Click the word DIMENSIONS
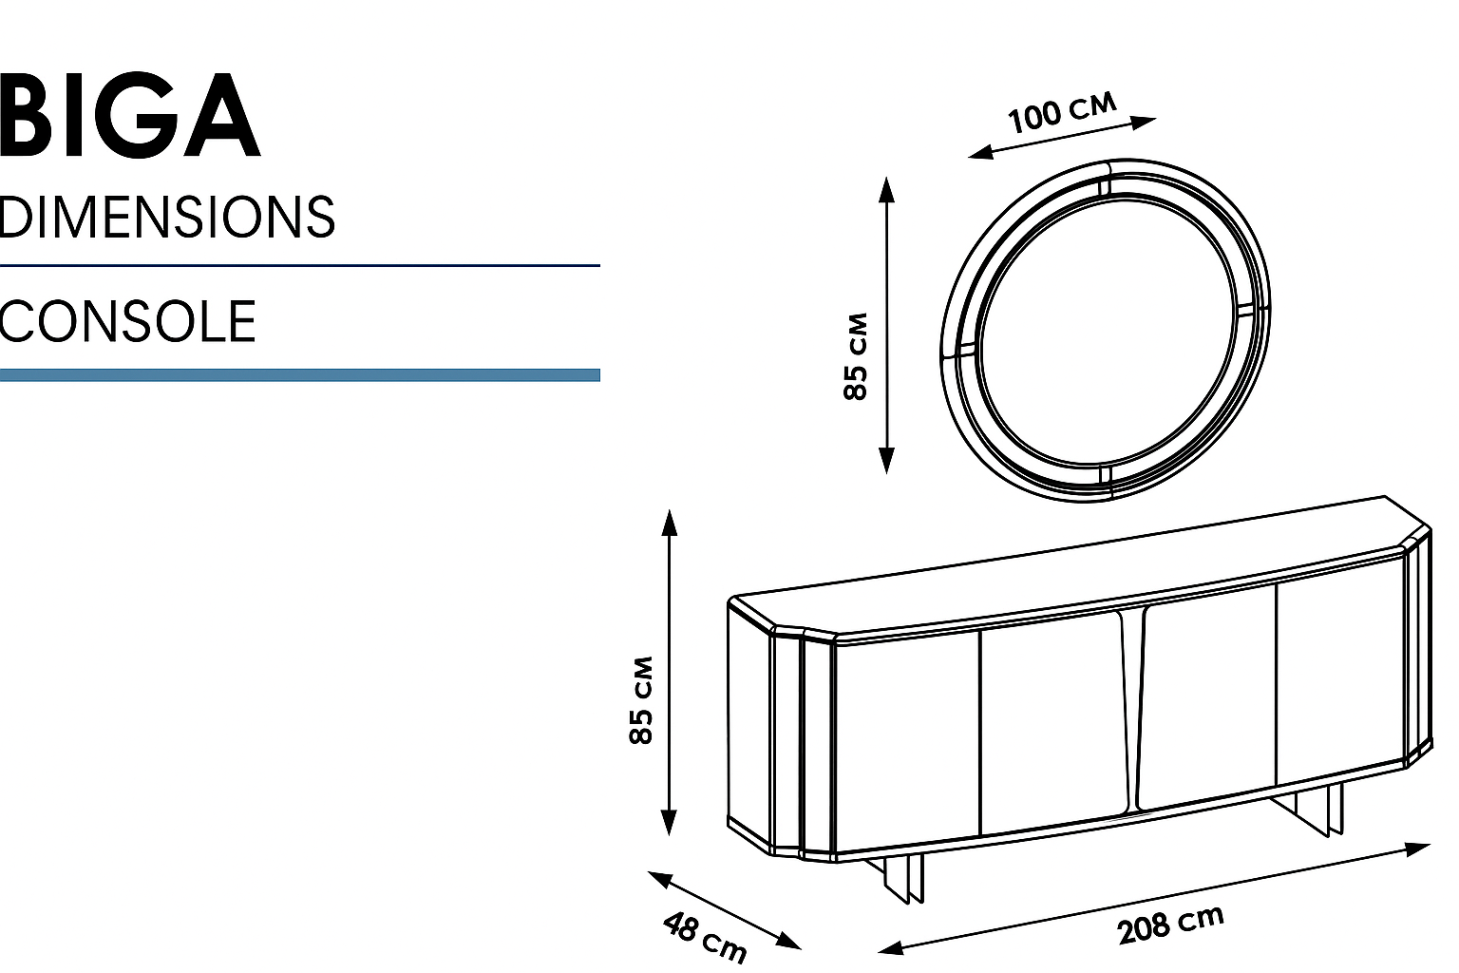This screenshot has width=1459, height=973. click(167, 217)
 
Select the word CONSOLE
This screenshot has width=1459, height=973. click(127, 321)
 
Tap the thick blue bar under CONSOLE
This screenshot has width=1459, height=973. click(299, 375)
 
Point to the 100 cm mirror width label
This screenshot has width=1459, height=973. click(1062, 113)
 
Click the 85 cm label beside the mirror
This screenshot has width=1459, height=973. click(856, 355)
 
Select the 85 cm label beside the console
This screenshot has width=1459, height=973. click(642, 699)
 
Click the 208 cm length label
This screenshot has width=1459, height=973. click(1170, 925)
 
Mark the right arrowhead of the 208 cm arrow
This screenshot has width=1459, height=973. click(1421, 847)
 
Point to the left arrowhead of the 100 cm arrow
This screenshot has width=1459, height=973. click(978, 152)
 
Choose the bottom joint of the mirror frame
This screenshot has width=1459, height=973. click(1105, 478)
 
